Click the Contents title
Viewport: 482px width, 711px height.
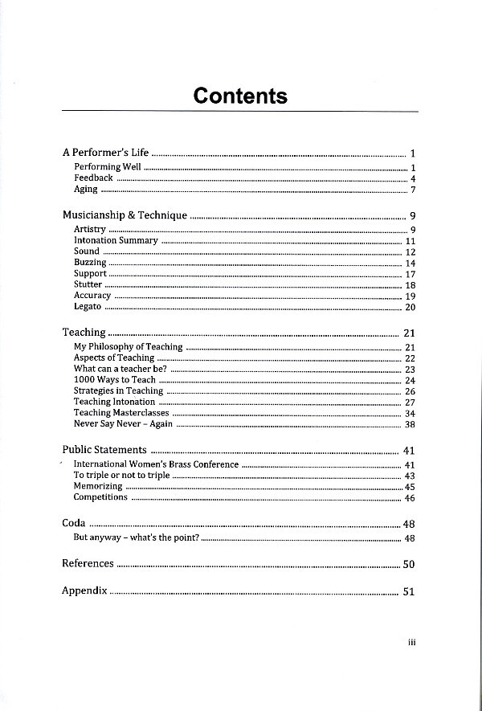coord(240,96)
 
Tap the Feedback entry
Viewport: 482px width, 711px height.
coord(93,178)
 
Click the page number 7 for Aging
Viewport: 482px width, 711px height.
coord(412,190)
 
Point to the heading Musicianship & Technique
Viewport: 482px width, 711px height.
coord(125,215)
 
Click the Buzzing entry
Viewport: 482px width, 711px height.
coord(90,263)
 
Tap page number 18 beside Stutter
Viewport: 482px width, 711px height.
coord(410,285)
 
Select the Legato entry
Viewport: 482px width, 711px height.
coord(88,307)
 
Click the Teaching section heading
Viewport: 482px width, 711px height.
coord(84,332)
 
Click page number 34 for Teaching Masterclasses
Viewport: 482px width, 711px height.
coord(410,414)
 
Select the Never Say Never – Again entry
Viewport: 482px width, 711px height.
coord(123,424)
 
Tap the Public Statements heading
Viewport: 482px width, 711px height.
coord(104,450)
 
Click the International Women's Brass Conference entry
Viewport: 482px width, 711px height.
coord(156,464)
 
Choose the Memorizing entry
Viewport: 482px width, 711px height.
coord(98,486)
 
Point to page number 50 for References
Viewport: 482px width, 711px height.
coord(408,565)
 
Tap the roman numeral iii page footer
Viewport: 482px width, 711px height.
coord(410,642)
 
